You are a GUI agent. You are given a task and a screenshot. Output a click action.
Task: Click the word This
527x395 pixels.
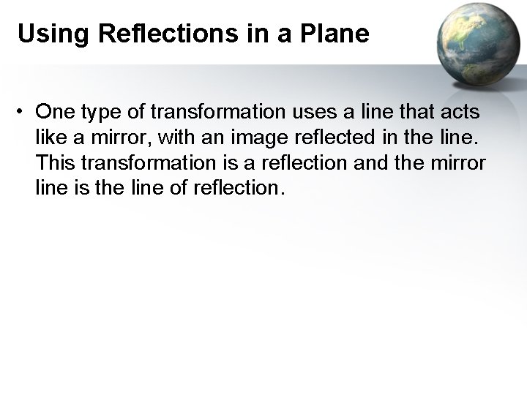[x=52, y=162]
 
